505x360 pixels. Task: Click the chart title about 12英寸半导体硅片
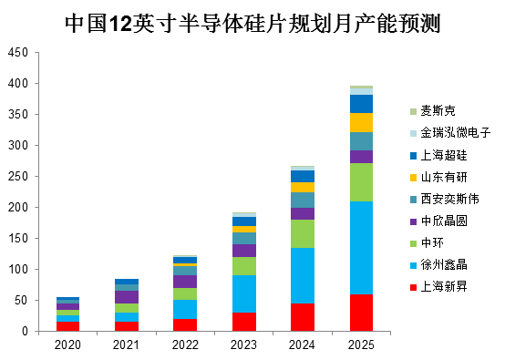point(252,23)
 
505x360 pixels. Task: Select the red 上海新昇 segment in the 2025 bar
point(361,313)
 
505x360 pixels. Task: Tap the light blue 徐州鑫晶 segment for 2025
point(361,248)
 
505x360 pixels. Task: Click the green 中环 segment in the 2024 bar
point(303,234)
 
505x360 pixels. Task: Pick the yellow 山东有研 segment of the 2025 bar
point(361,123)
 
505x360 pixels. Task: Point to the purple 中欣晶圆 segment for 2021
point(127,297)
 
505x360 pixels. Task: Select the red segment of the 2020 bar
point(67,326)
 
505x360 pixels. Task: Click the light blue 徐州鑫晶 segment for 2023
point(244,294)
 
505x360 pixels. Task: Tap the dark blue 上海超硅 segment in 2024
point(303,177)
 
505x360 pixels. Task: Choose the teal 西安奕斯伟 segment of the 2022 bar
point(185,271)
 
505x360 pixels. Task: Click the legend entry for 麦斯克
point(433,111)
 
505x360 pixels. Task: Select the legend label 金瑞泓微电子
point(456,133)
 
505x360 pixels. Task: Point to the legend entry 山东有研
point(438,177)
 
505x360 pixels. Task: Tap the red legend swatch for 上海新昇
point(413,287)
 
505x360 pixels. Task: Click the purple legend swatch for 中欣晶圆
point(413,221)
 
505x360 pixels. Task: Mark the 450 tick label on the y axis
point(18,53)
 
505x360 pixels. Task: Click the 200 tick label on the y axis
point(18,208)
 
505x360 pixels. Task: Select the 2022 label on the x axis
point(185,345)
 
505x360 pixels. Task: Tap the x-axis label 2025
point(361,345)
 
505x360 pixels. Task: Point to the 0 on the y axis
point(26,332)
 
